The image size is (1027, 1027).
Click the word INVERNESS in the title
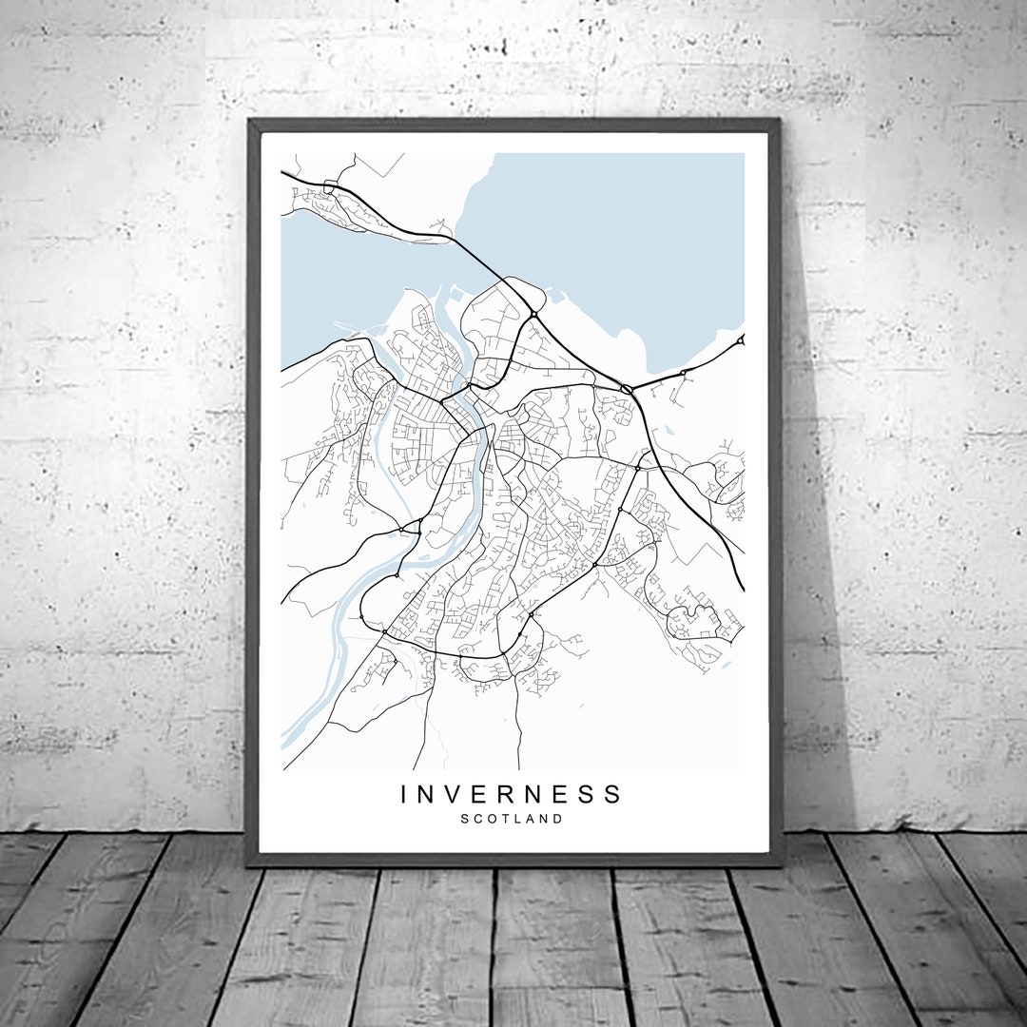(x=511, y=793)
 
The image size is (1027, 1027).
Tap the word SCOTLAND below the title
(x=512, y=818)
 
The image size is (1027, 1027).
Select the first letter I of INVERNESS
(x=405, y=793)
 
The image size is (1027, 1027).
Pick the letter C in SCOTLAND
(x=478, y=818)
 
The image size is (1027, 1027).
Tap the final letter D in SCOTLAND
(x=558, y=818)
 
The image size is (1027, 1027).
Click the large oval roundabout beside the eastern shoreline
(x=627, y=389)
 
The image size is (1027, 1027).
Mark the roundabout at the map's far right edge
(x=741, y=339)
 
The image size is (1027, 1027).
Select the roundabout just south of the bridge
(x=534, y=315)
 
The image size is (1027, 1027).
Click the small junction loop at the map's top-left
(x=330, y=187)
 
